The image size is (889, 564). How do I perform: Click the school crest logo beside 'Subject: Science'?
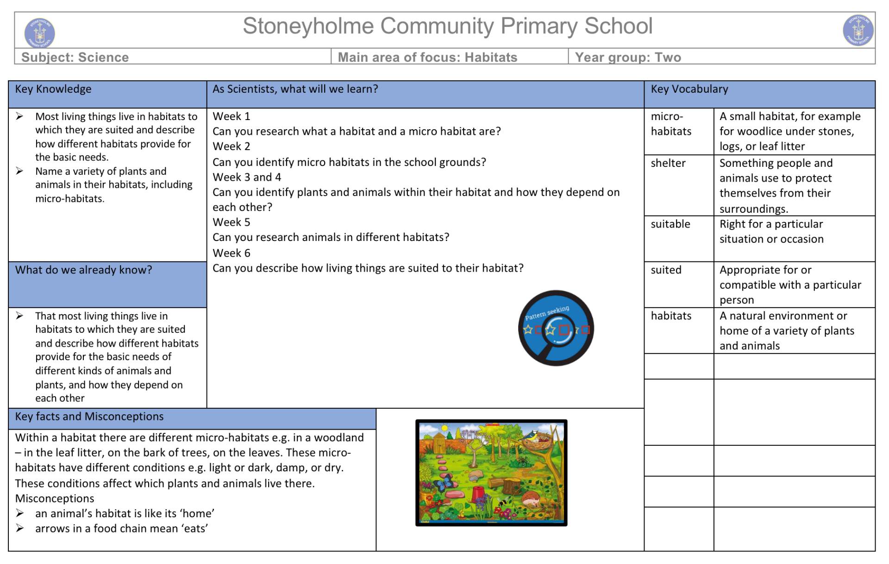pyautogui.click(x=39, y=32)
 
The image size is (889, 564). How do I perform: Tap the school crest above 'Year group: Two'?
pyautogui.click(x=858, y=31)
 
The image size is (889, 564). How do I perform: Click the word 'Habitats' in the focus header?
pyautogui.click(x=491, y=57)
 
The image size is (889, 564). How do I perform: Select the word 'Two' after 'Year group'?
pyautogui.click(x=668, y=57)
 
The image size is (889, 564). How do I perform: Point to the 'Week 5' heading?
pyautogui.click(x=231, y=222)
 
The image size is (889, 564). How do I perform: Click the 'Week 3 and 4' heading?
pyautogui.click(x=246, y=177)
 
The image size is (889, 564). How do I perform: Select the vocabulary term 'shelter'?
pyautogui.click(x=668, y=163)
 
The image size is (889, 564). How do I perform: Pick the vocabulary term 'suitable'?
pyautogui.click(x=670, y=224)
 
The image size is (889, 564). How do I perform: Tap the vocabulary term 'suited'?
pyautogui.click(x=666, y=270)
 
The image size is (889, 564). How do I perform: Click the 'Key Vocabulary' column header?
pyautogui.click(x=689, y=89)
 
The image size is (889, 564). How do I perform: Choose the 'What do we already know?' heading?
pyautogui.click(x=83, y=270)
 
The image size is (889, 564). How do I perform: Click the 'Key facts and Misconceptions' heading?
pyautogui.click(x=89, y=416)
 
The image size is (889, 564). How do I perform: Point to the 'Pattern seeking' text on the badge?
pyautogui.click(x=547, y=313)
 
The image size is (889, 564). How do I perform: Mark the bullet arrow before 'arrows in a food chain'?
pyautogui.click(x=19, y=528)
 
